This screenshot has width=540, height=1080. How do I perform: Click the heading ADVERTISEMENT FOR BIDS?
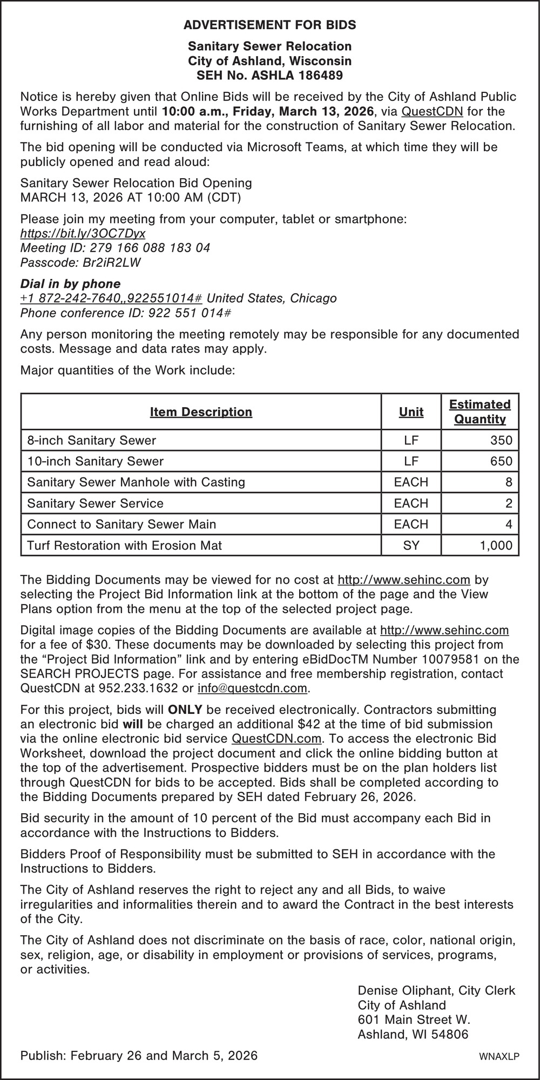pyautogui.click(x=269, y=25)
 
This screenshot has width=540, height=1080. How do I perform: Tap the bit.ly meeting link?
pyautogui.click(x=83, y=233)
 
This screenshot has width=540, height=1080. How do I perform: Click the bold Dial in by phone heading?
pyautogui.click(x=70, y=283)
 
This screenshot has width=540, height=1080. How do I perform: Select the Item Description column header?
pyautogui.click(x=201, y=412)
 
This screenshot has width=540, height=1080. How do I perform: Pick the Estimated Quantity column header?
pyautogui.click(x=480, y=412)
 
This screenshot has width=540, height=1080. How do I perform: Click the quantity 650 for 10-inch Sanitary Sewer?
pyautogui.click(x=501, y=461)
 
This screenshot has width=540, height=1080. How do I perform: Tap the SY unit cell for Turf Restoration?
pyautogui.click(x=411, y=545)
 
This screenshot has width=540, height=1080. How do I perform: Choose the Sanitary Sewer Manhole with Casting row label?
pyautogui.click(x=136, y=482)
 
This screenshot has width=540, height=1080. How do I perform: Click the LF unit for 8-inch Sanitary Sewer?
pyautogui.click(x=411, y=440)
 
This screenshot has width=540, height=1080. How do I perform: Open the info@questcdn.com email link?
pyautogui.click(x=253, y=688)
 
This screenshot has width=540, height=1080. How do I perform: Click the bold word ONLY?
pyautogui.click(x=185, y=709)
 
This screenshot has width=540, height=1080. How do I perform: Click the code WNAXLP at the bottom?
pyautogui.click(x=499, y=1057)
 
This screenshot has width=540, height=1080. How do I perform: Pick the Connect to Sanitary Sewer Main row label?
pyautogui.click(x=122, y=524)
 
